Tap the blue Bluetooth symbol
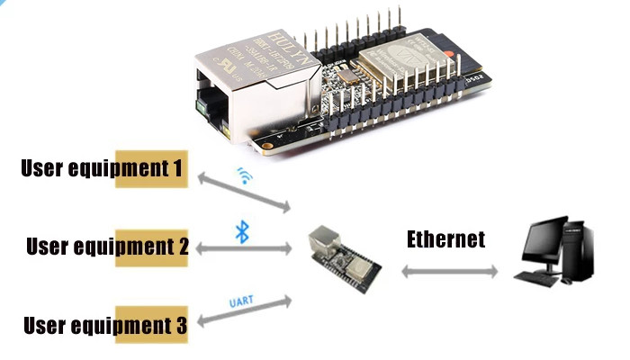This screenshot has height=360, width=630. (x=241, y=231)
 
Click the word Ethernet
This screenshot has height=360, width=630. (x=445, y=239)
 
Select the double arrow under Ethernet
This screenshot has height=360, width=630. (x=447, y=271)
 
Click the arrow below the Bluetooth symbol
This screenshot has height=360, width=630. (x=242, y=247)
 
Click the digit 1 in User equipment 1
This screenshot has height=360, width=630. (x=179, y=168)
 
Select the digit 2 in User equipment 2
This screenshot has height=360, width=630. (x=182, y=246)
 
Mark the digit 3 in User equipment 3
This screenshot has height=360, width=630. (x=180, y=325)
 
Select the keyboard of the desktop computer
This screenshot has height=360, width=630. (x=538, y=278)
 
